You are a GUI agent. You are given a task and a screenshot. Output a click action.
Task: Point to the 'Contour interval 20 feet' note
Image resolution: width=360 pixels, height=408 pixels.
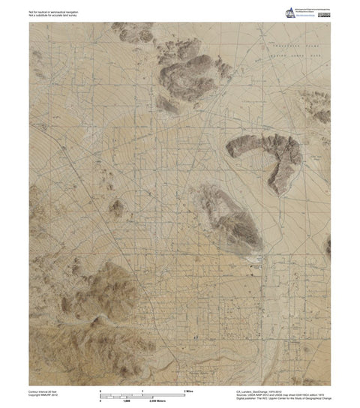[46, 390]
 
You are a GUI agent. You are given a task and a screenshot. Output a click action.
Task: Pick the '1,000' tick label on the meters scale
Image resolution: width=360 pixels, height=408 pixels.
[142, 401]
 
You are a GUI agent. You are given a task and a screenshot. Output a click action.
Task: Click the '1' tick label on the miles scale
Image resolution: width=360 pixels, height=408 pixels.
[142, 391]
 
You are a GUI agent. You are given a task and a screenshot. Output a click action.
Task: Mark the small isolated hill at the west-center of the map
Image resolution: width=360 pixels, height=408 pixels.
[116, 208]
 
